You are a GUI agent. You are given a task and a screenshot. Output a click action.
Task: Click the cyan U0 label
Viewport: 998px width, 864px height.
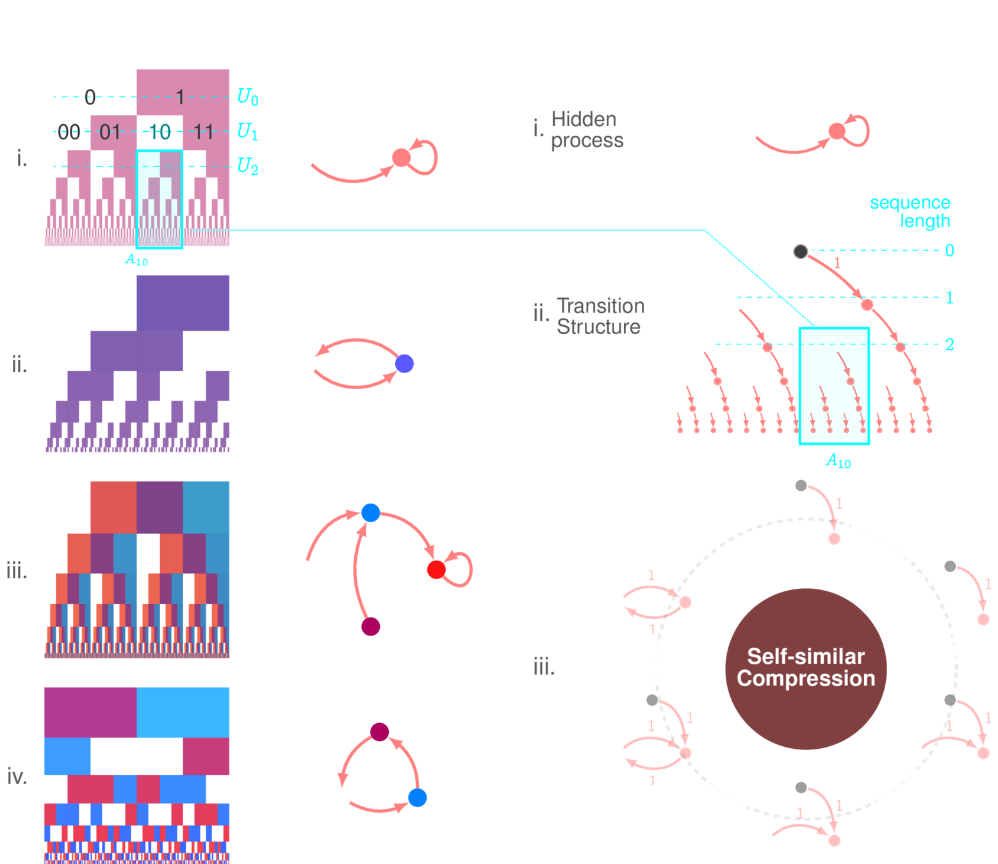(248, 97)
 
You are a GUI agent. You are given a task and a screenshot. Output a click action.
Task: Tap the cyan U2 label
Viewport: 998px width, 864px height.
(248, 166)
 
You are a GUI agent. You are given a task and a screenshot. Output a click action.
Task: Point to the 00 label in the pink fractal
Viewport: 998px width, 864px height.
(69, 132)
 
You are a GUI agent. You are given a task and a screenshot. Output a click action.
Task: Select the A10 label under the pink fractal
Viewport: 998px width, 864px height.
(136, 260)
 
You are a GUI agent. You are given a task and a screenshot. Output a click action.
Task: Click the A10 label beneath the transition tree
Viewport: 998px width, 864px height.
(838, 460)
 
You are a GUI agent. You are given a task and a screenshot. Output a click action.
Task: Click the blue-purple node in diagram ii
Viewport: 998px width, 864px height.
(404, 364)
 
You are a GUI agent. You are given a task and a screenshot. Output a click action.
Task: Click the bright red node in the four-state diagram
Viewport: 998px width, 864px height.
(436, 569)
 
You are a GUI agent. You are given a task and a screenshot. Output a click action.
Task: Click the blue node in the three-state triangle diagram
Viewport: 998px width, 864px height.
(417, 797)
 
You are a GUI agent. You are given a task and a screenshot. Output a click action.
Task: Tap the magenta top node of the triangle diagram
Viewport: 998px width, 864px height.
(380, 732)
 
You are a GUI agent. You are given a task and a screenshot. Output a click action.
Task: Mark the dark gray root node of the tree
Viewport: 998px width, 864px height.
(800, 251)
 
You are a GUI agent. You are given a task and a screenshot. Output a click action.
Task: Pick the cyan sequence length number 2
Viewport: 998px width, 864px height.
(949, 344)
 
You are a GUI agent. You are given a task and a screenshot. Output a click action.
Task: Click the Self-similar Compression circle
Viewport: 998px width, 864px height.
(806, 668)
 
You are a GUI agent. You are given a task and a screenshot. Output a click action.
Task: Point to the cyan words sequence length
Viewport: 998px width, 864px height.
(910, 212)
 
